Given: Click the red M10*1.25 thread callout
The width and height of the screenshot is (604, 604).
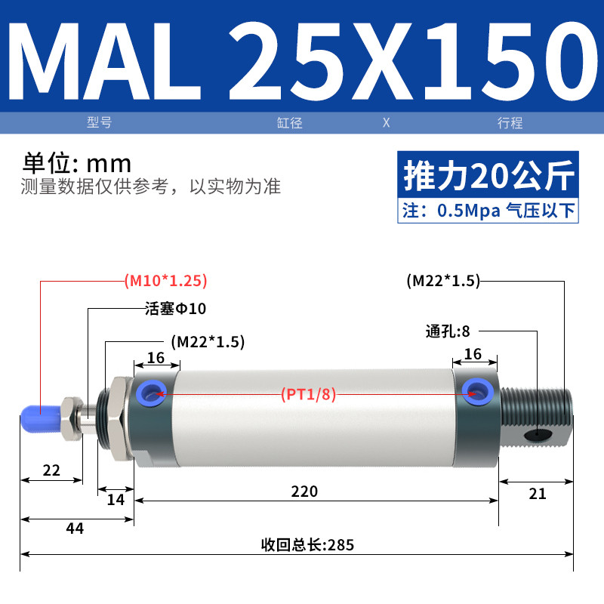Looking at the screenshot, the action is pyautogui.click(x=166, y=280).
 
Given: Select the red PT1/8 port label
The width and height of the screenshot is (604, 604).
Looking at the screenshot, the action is pyautogui.click(x=309, y=394).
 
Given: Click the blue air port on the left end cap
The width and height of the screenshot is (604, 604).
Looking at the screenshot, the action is pyautogui.click(x=152, y=394).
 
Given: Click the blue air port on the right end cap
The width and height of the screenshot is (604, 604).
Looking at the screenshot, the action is pyautogui.click(x=478, y=392).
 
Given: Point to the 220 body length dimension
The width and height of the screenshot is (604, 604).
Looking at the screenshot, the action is pyautogui.click(x=304, y=492).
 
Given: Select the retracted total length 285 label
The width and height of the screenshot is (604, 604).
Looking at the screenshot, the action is pyautogui.click(x=307, y=545).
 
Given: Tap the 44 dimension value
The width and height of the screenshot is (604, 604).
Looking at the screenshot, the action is pyautogui.click(x=75, y=528).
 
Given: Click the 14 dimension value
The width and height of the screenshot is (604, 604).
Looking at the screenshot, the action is pyautogui.click(x=116, y=500).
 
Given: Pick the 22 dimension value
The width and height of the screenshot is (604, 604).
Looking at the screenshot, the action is pyautogui.click(x=51, y=470).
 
